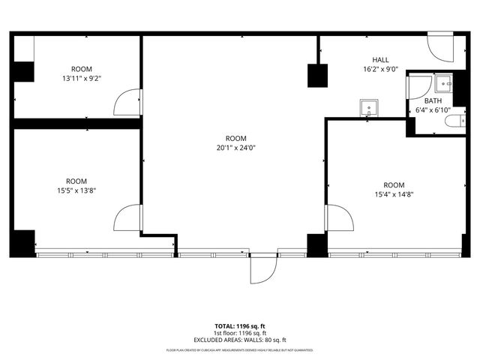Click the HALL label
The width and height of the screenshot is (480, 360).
pos(380,59)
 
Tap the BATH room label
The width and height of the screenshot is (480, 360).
pos(433,100)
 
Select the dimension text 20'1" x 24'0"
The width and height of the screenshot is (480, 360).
pos(235,148)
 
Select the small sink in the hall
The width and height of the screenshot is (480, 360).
pos(368,108)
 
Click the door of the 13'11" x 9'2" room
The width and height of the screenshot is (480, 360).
pos(129,100)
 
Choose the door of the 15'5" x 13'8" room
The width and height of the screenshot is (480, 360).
pos(127,219)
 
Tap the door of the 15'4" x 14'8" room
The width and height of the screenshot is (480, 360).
pos(339,219)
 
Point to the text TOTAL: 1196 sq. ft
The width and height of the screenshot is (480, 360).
pos(239,326)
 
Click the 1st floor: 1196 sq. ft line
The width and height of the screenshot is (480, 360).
pos(239,333)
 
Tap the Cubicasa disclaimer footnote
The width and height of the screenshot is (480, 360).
pos(239,350)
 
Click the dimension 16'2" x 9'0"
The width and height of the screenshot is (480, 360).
pos(380,68)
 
